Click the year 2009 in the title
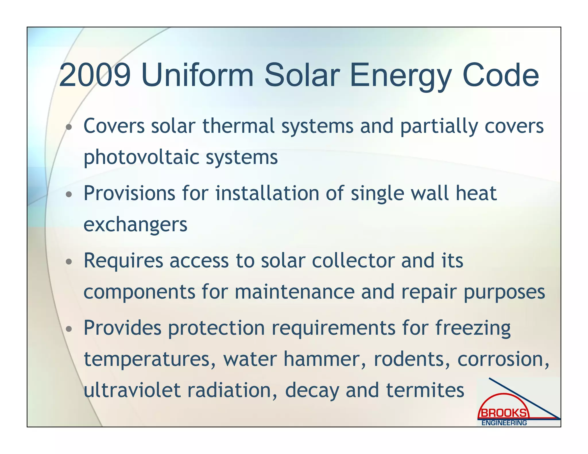95,75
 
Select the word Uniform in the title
198,75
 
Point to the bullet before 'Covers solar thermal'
69,127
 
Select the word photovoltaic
141,158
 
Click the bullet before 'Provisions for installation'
69,194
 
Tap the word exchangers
135,224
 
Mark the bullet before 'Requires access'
69,261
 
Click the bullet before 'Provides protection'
69,329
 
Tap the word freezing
473,328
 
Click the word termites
425,390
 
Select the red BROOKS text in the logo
504,413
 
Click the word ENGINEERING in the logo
504,423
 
